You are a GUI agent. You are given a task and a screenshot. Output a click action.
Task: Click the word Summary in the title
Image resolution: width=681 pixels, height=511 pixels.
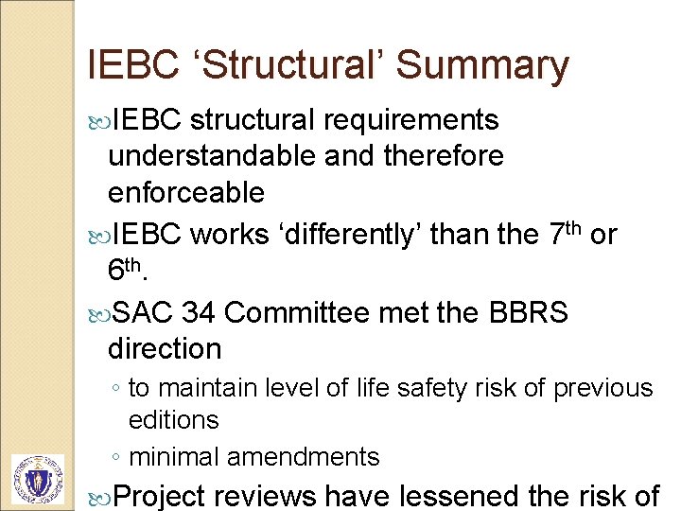(482, 65)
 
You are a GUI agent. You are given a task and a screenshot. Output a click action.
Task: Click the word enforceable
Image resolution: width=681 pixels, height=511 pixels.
(186, 192)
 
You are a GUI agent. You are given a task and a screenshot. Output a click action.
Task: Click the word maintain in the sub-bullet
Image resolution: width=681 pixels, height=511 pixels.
(201, 388)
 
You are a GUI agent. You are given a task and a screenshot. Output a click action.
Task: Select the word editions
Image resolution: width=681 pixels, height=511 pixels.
(174, 419)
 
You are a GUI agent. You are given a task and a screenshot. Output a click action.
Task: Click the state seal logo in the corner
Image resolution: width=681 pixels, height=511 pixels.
(37, 479)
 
